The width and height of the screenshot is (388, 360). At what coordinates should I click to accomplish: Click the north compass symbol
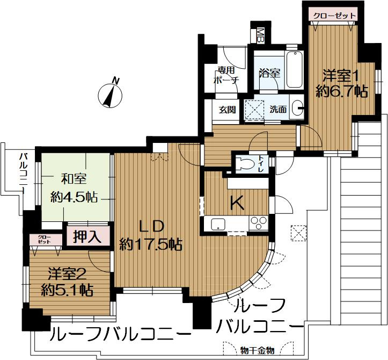click(x=111, y=95)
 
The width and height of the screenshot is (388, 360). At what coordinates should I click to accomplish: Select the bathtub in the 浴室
click(x=294, y=71)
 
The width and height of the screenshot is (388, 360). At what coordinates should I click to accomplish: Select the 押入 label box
click(x=87, y=237)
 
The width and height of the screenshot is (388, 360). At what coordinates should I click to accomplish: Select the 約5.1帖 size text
click(x=67, y=291)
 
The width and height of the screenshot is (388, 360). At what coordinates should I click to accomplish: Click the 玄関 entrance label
click(x=227, y=109)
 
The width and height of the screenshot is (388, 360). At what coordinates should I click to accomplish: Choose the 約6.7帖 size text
click(x=341, y=91)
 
